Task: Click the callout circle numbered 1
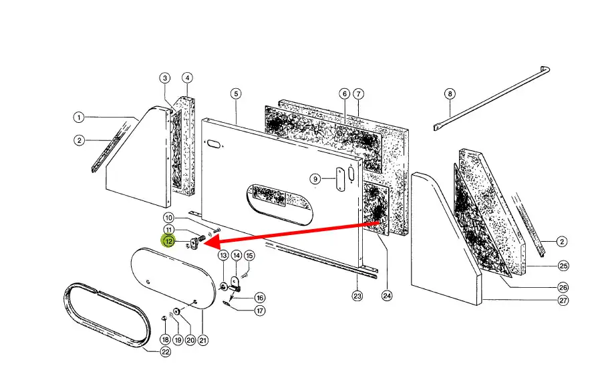tap(79, 118)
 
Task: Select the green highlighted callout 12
tap(169, 241)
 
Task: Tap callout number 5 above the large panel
tap(236, 93)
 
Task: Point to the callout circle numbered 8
tap(450, 93)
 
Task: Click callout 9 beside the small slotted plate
tap(315, 178)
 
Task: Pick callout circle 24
tap(386, 295)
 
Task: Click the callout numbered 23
tap(357, 295)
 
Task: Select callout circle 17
tap(260, 310)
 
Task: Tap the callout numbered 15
tap(249, 255)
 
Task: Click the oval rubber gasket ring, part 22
tap(100, 317)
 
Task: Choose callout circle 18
tap(165, 340)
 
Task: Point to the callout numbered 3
tap(165, 78)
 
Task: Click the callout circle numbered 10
tap(169, 218)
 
